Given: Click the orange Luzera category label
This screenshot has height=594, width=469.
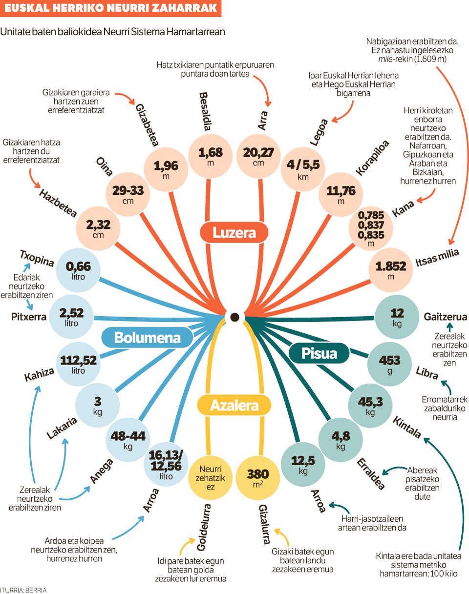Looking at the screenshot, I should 234,233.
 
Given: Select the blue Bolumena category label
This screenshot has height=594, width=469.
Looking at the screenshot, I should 141,337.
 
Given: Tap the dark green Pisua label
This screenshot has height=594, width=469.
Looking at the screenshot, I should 319,352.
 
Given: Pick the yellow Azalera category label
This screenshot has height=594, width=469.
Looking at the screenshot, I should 234,405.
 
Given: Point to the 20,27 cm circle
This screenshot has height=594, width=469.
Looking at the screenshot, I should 258,156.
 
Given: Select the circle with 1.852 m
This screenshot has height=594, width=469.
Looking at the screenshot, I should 390,270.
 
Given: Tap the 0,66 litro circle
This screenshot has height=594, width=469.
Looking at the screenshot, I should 78,270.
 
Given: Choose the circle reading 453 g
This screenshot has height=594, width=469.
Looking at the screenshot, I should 389,364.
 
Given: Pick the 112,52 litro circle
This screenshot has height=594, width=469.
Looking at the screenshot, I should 78,364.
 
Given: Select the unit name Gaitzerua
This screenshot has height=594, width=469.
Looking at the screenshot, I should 445,317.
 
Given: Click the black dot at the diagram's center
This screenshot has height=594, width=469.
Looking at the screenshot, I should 234,317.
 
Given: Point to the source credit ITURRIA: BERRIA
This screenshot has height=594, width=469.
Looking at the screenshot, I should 23,590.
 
